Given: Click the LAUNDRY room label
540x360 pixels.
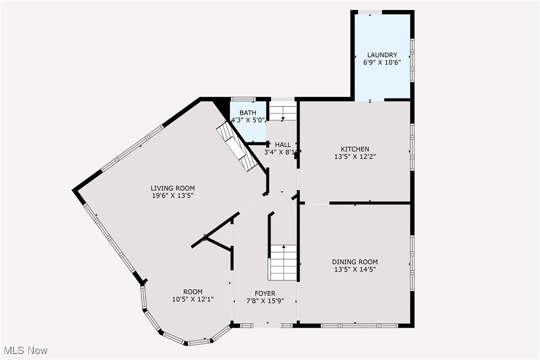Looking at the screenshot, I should [x=382, y=55].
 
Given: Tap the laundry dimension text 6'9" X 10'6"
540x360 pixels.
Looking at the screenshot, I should [x=382, y=63].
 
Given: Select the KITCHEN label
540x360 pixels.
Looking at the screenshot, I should [x=355, y=149].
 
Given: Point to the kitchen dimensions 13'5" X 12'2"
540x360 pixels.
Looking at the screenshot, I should [x=355, y=157].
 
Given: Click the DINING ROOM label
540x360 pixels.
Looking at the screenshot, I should [x=355, y=262].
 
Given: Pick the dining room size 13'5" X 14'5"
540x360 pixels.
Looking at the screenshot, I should [x=355, y=270].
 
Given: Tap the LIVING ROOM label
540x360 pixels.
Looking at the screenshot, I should [x=173, y=188].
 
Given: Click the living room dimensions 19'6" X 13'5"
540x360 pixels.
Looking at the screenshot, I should [x=173, y=196].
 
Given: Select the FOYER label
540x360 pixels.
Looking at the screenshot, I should [x=265, y=293].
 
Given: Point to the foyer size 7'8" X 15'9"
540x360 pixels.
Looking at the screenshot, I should [x=265, y=301].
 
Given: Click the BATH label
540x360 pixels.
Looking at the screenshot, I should [x=248, y=113].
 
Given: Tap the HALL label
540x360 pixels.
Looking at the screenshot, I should [x=283, y=145].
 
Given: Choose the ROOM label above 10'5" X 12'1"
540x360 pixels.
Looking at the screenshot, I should [x=192, y=292].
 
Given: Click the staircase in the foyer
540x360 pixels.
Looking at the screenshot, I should [x=283, y=262].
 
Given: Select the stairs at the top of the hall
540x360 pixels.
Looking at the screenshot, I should [x=283, y=111].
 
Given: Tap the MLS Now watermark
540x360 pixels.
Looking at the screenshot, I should [x=24, y=351].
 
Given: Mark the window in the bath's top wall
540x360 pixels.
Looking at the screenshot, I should [x=243, y=99].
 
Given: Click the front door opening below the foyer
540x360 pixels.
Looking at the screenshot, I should [x=267, y=326].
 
